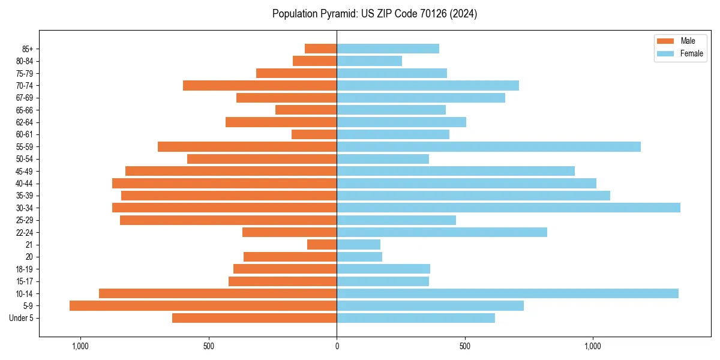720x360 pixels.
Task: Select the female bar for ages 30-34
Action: [x=508, y=208]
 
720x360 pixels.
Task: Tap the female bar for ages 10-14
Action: [x=508, y=293]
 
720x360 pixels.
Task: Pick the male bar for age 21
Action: [x=322, y=244]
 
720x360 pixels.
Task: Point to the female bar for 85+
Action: [x=388, y=49]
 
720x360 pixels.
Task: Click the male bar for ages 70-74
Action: [x=260, y=85]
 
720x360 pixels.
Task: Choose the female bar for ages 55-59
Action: [x=488, y=146]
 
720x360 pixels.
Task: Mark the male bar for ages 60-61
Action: [x=314, y=134]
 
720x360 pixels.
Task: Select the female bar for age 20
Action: [x=359, y=257]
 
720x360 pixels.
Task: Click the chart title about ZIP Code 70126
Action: [x=374, y=14]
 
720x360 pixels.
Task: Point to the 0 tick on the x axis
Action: [x=337, y=346]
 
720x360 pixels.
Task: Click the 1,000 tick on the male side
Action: [x=80, y=346]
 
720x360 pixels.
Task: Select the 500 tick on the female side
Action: [x=465, y=346]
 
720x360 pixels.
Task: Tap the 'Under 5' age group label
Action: [x=21, y=318]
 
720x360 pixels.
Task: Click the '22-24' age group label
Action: [x=25, y=232]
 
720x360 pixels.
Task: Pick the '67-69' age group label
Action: [x=25, y=98]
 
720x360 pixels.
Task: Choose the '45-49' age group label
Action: [x=25, y=171]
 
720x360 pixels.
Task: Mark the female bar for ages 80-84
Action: [x=369, y=61]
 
